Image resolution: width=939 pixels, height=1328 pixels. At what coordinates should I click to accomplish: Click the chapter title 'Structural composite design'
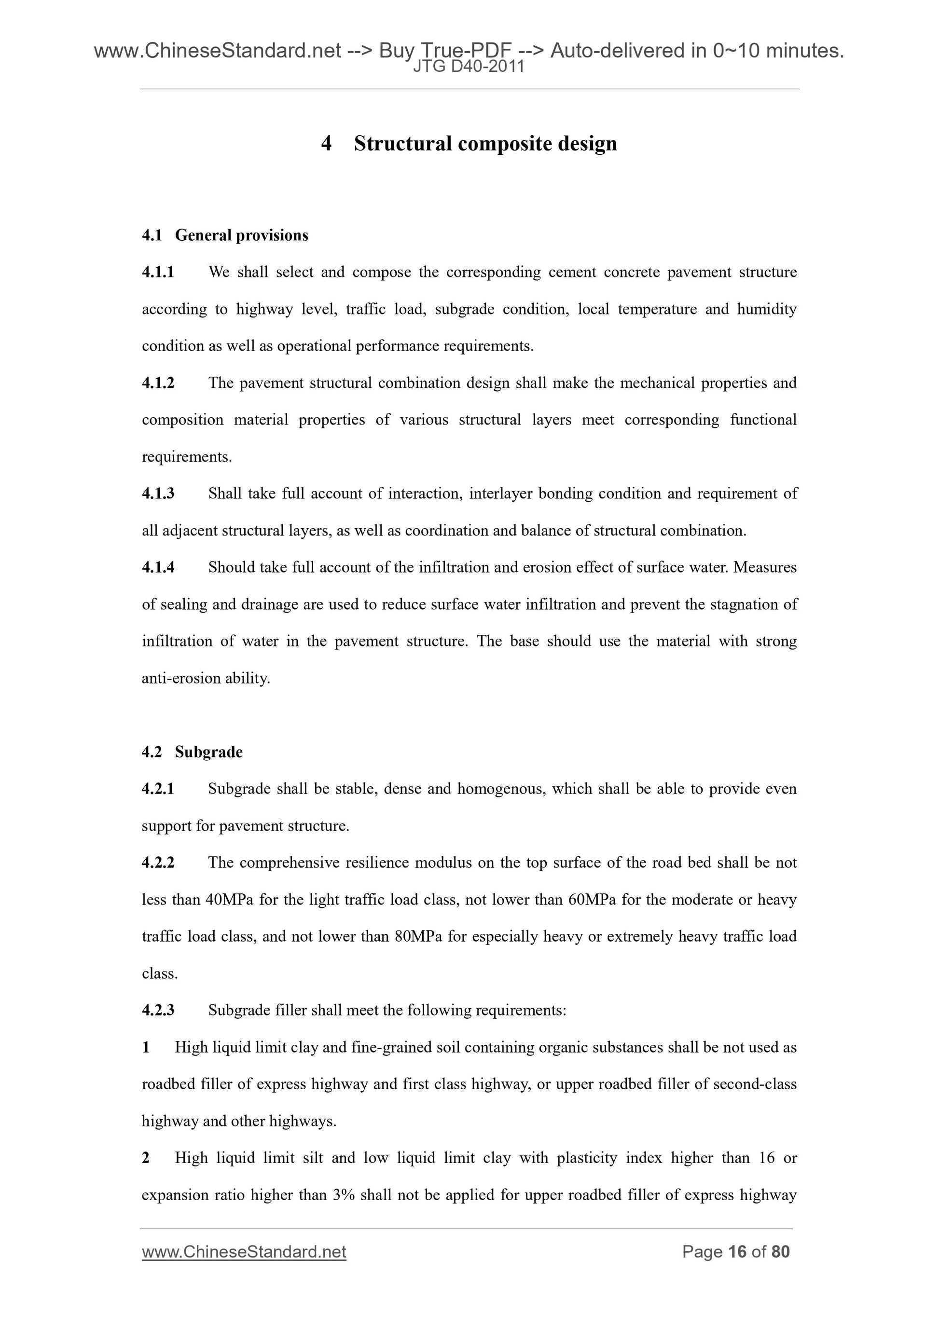point(485,143)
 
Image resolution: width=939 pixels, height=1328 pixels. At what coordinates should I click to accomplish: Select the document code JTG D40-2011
point(469,67)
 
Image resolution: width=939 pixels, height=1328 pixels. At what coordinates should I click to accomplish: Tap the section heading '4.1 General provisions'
point(225,235)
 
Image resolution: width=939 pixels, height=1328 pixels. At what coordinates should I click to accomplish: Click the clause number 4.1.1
point(158,272)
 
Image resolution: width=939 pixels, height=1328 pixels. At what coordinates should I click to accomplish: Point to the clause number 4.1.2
point(158,383)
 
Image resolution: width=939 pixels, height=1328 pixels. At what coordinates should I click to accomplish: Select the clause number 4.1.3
point(158,493)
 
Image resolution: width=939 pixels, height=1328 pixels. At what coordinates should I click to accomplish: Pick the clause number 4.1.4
point(158,567)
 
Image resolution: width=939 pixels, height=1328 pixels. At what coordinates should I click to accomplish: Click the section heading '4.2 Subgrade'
point(192,752)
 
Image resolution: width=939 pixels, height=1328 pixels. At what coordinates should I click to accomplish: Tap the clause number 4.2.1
point(158,789)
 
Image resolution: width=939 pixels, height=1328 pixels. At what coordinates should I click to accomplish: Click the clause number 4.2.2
point(158,863)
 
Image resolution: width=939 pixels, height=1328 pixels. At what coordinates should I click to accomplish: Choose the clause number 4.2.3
point(158,1011)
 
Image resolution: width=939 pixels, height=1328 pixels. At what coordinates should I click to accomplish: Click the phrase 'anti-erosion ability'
point(206,678)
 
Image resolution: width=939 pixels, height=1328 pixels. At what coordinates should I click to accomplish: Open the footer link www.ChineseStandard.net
point(244,1252)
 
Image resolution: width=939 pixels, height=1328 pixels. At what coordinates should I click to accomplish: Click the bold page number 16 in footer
point(736,1252)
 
